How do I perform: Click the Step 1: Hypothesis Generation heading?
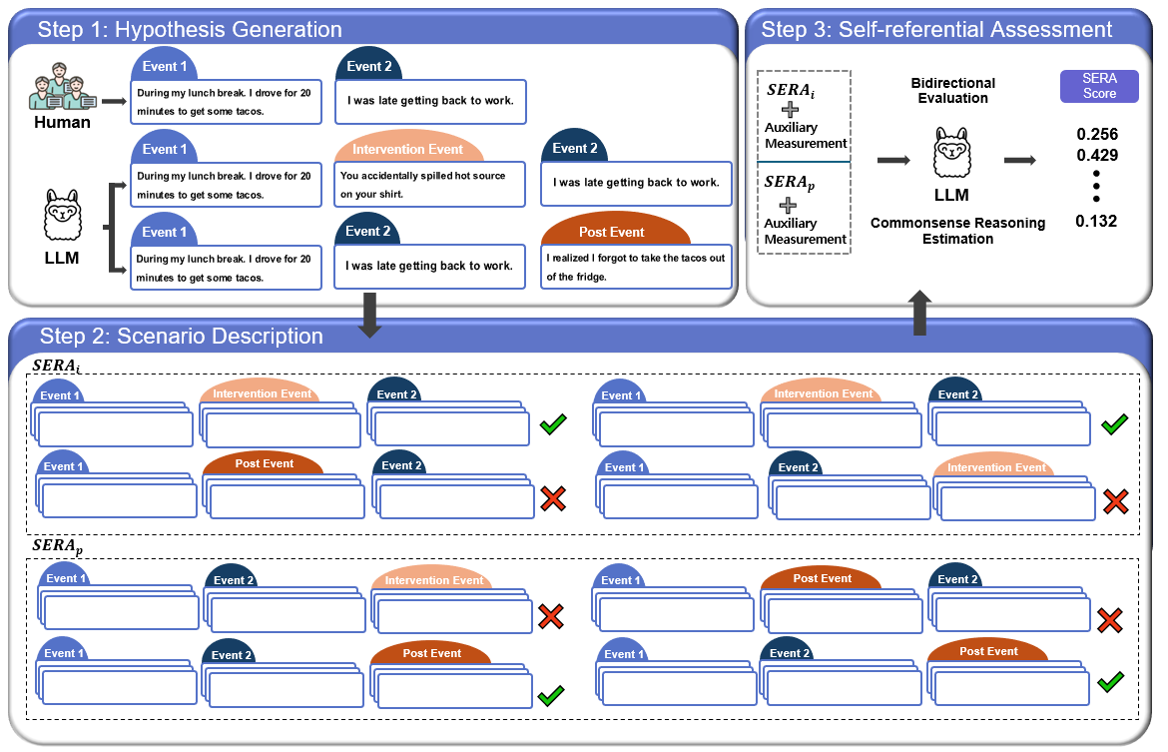[x=190, y=29]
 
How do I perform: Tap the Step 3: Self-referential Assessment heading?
[x=936, y=29]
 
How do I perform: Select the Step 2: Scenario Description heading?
[x=181, y=337]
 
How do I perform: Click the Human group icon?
[x=63, y=87]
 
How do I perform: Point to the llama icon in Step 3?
[x=952, y=153]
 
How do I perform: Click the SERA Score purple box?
[x=1099, y=86]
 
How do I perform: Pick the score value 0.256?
[x=1096, y=134]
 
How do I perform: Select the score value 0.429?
[x=1096, y=155]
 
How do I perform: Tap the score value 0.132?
[x=1096, y=221]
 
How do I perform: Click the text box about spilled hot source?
[x=430, y=185]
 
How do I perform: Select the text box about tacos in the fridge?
[x=636, y=267]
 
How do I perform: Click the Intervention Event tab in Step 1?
[x=408, y=149]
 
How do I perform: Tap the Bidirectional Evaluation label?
[x=952, y=90]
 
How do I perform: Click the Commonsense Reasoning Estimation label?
[x=958, y=231]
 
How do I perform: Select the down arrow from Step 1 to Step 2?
[x=369, y=315]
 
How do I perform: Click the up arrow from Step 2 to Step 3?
[x=920, y=313]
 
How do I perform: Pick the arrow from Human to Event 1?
[x=114, y=101]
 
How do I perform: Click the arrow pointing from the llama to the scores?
[x=1020, y=160]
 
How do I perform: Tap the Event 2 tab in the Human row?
[x=369, y=66]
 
